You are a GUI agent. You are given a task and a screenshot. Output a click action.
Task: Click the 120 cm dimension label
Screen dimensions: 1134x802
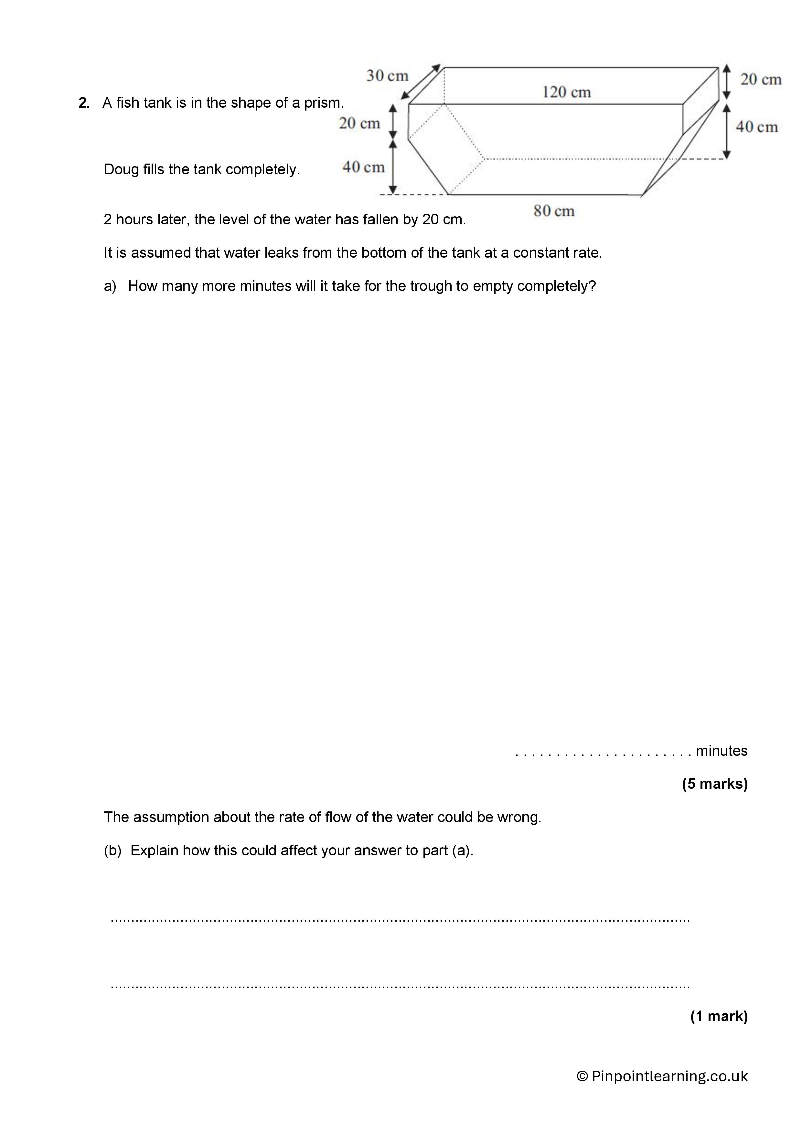(x=566, y=92)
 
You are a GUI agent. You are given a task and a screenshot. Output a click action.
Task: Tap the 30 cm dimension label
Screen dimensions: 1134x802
(x=387, y=76)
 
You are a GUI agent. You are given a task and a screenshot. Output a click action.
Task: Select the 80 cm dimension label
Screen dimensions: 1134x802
(x=554, y=211)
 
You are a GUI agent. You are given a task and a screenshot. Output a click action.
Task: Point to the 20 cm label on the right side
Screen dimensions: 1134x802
(x=761, y=80)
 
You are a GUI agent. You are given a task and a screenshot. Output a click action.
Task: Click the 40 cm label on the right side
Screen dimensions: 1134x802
(x=756, y=127)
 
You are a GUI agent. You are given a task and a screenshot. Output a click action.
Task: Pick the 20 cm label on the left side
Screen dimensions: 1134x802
(x=359, y=123)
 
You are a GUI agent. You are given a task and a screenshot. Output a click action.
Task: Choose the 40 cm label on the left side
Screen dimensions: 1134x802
(x=363, y=167)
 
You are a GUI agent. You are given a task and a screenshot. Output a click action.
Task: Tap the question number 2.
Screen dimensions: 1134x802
(x=83, y=103)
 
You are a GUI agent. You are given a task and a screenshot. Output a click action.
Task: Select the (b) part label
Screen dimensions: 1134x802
(x=112, y=850)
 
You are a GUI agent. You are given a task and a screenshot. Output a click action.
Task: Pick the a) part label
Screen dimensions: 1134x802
(x=110, y=286)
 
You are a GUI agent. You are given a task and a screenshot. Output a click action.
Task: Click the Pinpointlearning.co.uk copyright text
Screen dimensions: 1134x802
(x=662, y=1076)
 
